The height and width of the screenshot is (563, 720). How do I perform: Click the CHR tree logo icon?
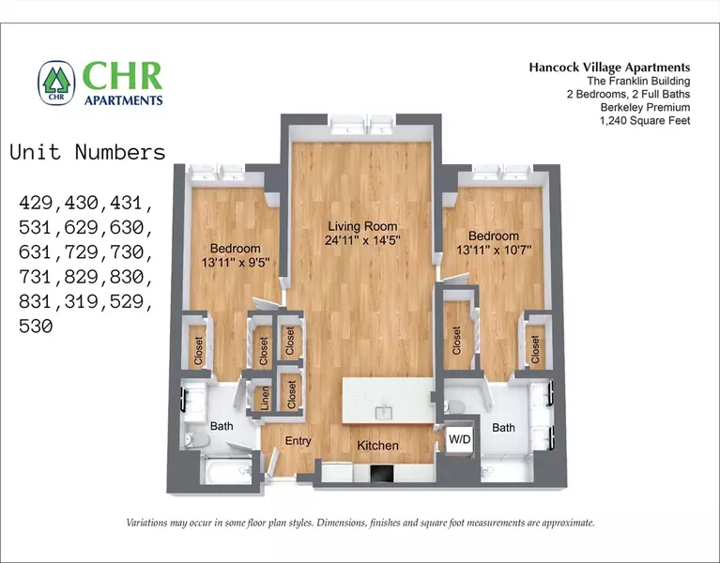[56, 82]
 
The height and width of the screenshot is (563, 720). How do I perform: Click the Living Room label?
[361, 226]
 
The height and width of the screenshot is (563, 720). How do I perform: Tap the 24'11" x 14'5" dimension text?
[361, 240]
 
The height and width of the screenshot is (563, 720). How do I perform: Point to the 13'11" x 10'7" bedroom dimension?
[493, 251]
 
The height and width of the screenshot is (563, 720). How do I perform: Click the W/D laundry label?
[459, 439]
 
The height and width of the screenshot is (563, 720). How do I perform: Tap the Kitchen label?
[376, 446]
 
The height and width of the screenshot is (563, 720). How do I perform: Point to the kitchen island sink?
[384, 412]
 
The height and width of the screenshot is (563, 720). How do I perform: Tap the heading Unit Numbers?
[87, 153]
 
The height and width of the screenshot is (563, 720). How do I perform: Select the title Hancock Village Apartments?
[609, 68]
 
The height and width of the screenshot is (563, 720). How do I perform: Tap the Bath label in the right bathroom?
[504, 428]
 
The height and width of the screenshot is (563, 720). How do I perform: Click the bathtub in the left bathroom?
[214, 470]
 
